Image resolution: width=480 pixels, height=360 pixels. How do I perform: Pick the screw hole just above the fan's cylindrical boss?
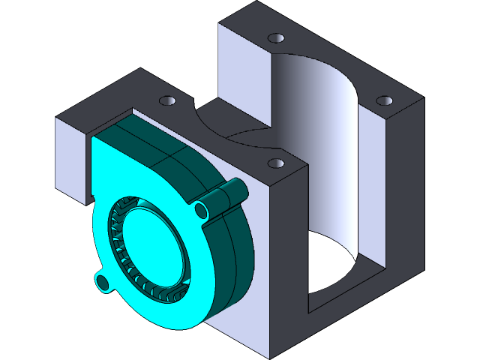(x=275, y=162)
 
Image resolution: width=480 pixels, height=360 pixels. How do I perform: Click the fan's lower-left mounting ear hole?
(x=103, y=282)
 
